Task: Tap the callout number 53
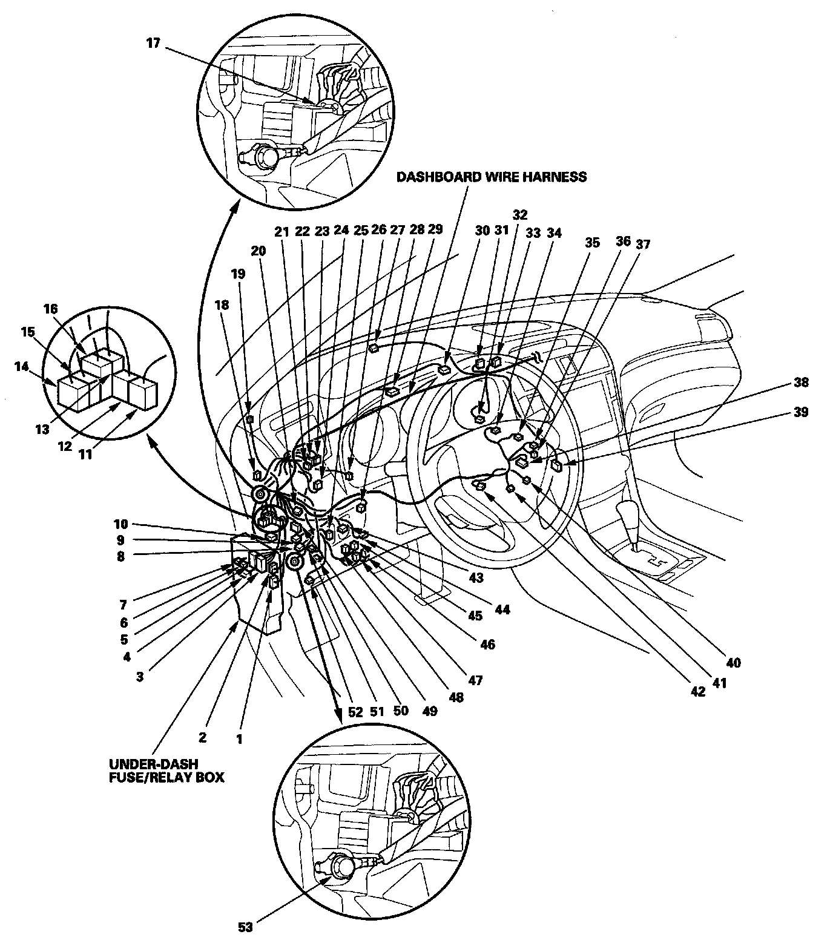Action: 246,927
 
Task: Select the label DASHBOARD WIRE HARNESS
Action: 491,177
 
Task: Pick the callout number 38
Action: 801,383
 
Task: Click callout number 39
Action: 801,412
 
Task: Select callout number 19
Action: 238,274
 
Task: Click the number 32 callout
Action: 519,214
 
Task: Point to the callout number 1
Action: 240,739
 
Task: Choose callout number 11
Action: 86,454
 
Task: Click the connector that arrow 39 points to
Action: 556,466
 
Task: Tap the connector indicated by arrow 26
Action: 374,347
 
